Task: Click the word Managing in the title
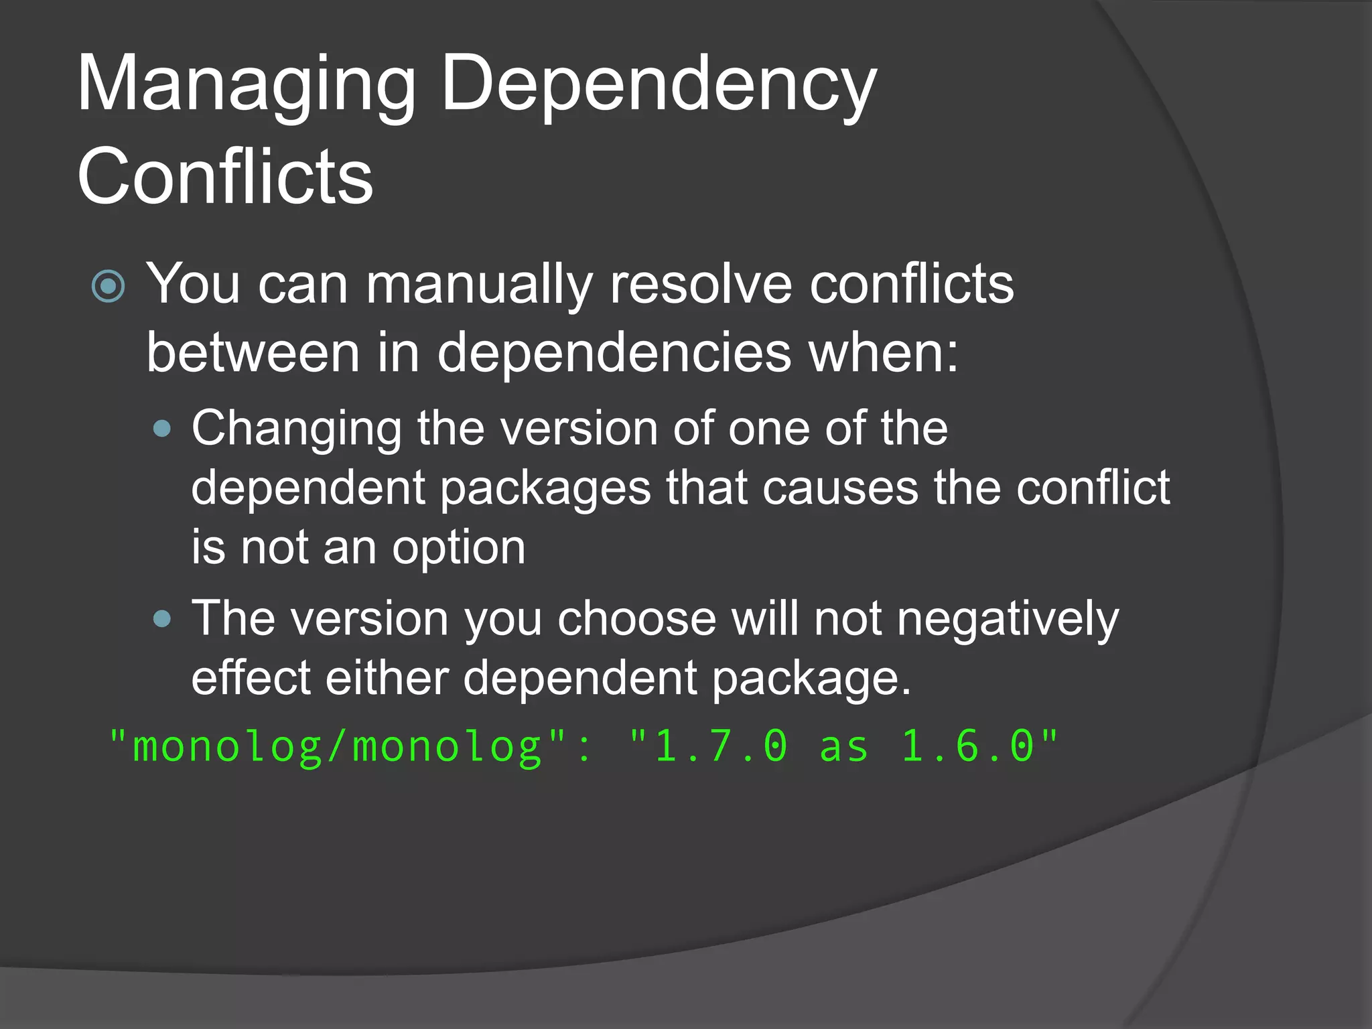click(x=247, y=86)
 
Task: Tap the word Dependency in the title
click(x=659, y=86)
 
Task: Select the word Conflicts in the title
click(x=225, y=177)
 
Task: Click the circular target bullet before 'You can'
click(x=108, y=286)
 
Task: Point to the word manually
click(x=479, y=285)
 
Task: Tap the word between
click(x=253, y=352)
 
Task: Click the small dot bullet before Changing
click(x=162, y=429)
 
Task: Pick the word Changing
click(x=296, y=429)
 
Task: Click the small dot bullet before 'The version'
click(x=162, y=618)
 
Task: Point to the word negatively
click(x=1008, y=620)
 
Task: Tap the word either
click(x=387, y=678)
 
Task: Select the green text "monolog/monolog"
click(x=338, y=746)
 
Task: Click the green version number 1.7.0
click(x=721, y=746)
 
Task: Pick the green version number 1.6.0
click(x=968, y=746)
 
